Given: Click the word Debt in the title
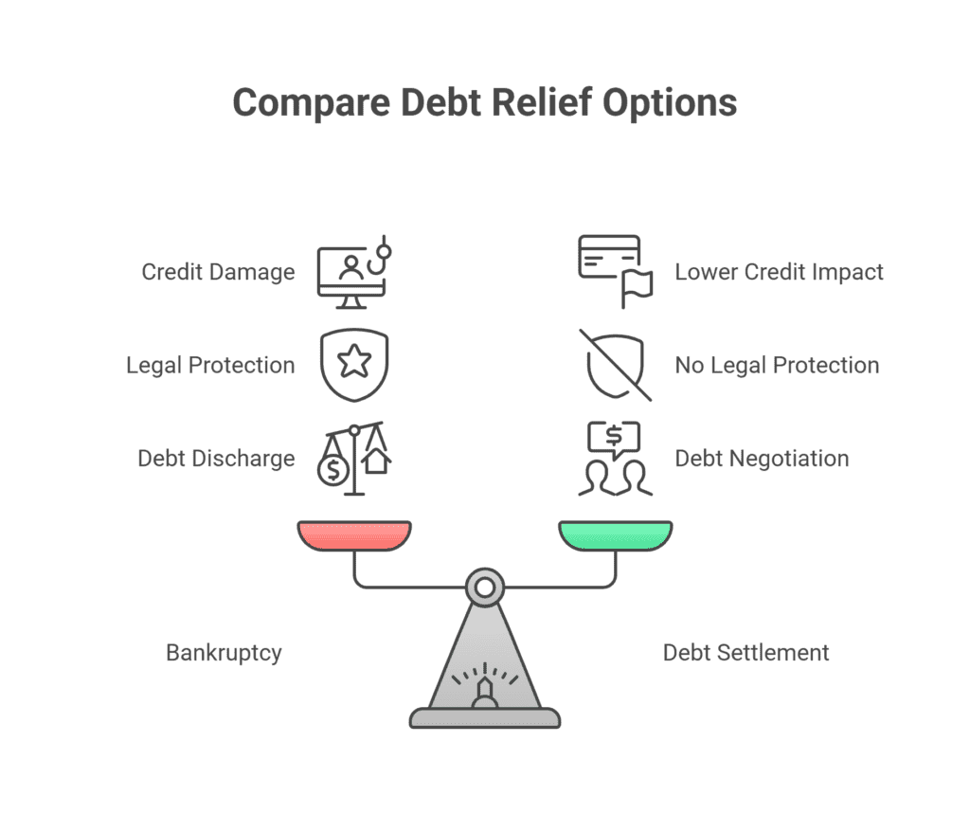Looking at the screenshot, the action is (440, 102).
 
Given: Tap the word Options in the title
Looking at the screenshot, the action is (670, 103).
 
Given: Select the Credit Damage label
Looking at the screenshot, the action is (219, 272).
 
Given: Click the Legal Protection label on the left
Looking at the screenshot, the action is (210, 365).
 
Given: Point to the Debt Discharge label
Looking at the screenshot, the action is (216, 459).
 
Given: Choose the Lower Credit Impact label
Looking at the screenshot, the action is (779, 272).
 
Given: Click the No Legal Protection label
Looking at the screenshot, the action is (777, 365).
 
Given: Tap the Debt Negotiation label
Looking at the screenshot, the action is (762, 459).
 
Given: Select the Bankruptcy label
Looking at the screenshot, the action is (224, 653).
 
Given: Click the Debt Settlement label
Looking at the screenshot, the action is (745, 653).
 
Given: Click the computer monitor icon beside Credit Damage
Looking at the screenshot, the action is (351, 278).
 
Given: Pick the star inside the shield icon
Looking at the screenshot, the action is (354, 361).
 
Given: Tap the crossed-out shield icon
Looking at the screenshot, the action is (616, 365).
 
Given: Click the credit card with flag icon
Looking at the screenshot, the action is (616, 271).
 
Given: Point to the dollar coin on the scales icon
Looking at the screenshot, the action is (333, 470).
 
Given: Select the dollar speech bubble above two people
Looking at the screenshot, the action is (614, 439).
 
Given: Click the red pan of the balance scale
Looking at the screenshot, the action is (354, 535).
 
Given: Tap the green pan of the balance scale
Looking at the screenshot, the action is (616, 535).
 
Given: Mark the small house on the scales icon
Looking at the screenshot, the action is (377, 461).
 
